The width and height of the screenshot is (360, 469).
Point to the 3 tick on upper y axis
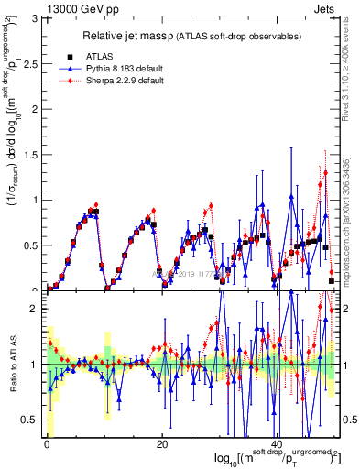(x=37, y=18)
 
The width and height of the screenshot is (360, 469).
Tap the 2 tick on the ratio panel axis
(x=37, y=309)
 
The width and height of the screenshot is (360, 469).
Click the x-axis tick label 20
(x=161, y=444)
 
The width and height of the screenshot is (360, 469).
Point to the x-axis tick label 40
(x=277, y=444)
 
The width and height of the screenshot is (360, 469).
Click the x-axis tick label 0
(x=47, y=444)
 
